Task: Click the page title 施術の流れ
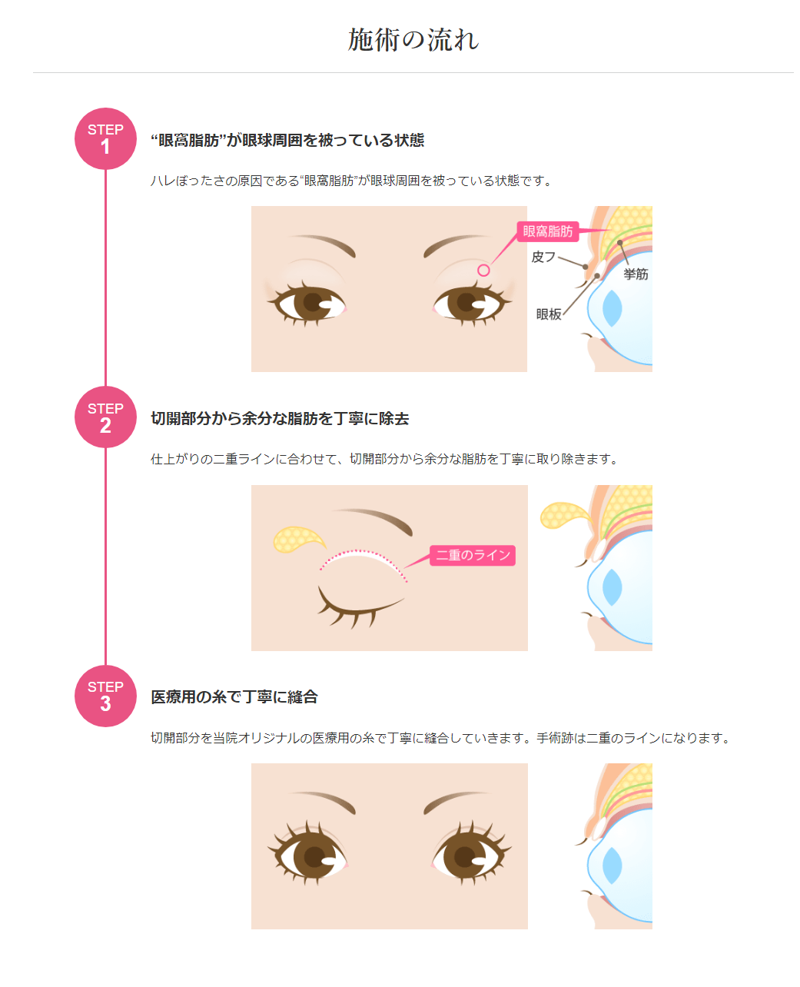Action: tap(413, 40)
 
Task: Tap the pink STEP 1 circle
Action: tap(105, 138)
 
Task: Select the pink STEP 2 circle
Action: tap(105, 417)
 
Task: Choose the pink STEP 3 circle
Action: tap(105, 696)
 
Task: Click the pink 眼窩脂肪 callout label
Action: tap(547, 231)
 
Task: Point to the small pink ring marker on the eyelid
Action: tap(483, 270)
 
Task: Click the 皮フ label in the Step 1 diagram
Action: tap(543, 257)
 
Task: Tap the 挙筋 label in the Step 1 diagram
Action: tap(636, 274)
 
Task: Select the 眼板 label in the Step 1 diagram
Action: tap(549, 314)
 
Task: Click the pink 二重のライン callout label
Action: tap(473, 555)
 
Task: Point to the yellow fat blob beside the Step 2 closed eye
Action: tap(298, 540)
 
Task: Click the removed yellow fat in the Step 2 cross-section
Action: tap(565, 515)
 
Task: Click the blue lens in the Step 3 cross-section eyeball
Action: tap(612, 866)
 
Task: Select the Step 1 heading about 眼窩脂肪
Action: tap(287, 140)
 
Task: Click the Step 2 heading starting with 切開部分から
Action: tap(280, 418)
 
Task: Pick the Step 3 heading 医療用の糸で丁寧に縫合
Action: tap(234, 697)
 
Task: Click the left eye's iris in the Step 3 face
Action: tap(313, 856)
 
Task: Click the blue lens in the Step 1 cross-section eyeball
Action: tap(612, 308)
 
